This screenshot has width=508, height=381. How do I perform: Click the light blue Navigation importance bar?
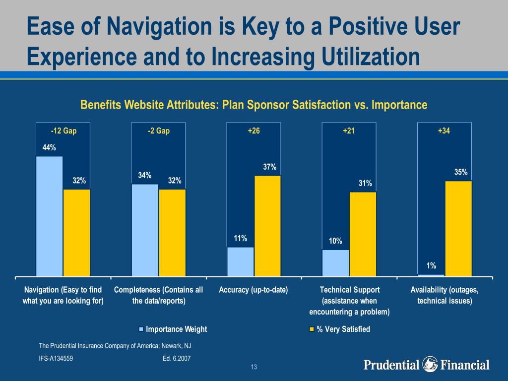pos(50,216)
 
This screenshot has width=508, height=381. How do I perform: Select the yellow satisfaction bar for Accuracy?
pos(267,226)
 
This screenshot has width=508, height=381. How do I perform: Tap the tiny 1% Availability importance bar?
pos(431,275)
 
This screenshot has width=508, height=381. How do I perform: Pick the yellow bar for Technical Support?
pos(363,234)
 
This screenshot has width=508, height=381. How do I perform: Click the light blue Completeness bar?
pos(145,230)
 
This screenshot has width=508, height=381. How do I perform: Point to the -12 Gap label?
pos(63,131)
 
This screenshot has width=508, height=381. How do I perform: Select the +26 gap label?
pos(254,131)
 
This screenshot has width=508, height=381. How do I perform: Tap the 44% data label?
pos(49,147)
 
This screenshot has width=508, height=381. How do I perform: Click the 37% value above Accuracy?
pos(270,167)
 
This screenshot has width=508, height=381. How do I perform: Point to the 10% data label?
pos(335,241)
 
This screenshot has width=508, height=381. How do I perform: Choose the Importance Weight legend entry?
pos(173,329)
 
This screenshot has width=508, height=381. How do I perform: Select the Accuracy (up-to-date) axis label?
pos(254,290)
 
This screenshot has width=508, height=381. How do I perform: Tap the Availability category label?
pos(444,295)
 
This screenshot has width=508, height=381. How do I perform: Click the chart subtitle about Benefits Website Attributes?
pos(254,105)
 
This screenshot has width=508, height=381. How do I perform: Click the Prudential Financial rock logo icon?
pos(430,365)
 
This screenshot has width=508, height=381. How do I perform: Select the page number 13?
pos(254,367)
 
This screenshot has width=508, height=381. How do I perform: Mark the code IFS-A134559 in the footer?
pos(56,358)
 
